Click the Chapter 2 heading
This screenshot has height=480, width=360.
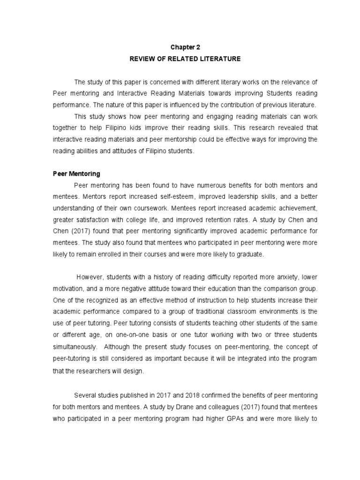click(180, 47)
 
